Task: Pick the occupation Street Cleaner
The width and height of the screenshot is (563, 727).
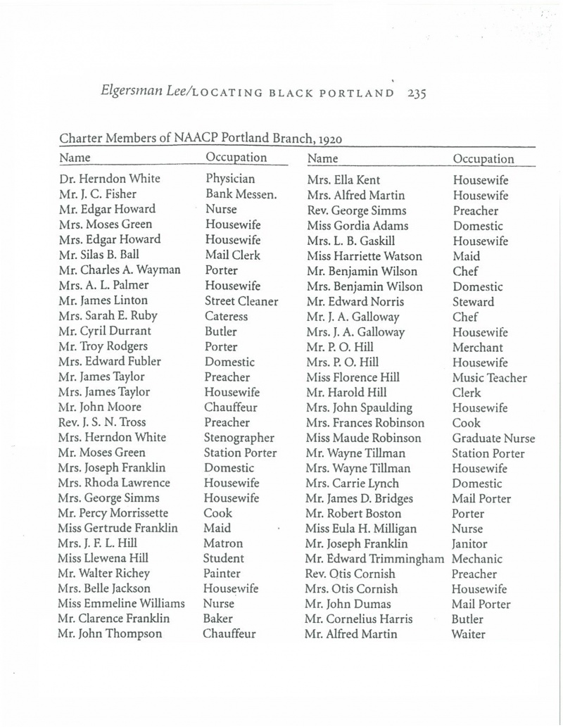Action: click(x=241, y=300)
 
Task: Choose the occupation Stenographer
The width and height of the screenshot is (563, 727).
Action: click(x=240, y=437)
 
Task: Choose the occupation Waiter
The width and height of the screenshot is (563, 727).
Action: click(x=471, y=636)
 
